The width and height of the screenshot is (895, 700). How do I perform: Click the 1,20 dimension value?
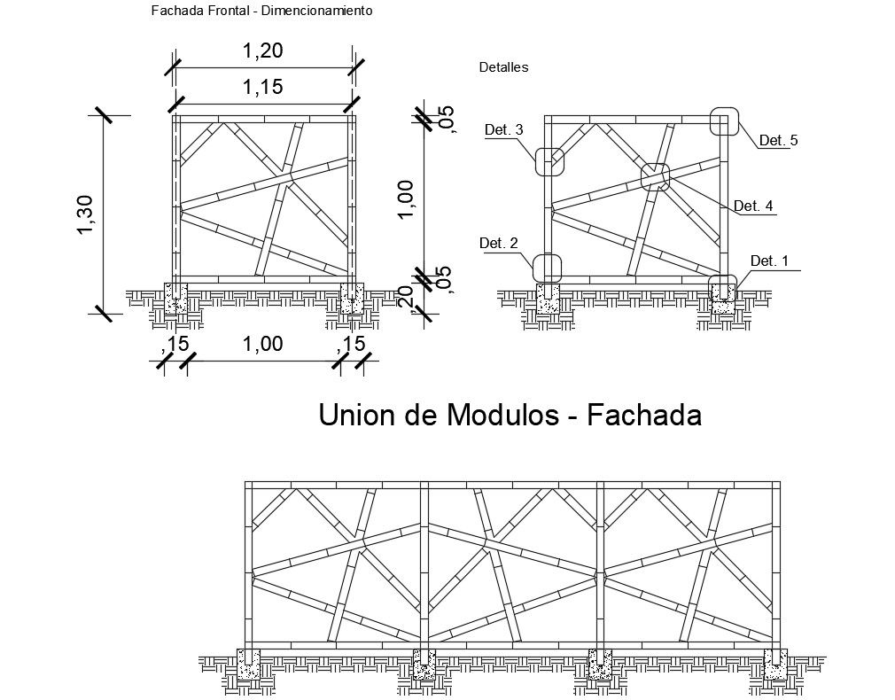click(x=262, y=51)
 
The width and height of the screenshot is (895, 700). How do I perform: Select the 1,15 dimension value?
click(x=262, y=87)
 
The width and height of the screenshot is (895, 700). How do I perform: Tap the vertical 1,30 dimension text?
click(x=86, y=215)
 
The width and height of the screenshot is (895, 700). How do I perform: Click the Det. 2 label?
click(x=498, y=243)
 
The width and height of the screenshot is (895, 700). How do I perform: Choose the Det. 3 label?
click(x=504, y=130)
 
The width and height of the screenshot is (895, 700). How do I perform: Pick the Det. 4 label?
click(x=754, y=206)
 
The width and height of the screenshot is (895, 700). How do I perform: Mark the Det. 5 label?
click(x=779, y=140)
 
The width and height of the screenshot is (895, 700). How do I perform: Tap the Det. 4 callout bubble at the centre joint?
click(x=656, y=177)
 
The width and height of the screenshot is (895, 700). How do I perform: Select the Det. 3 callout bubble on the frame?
click(x=548, y=162)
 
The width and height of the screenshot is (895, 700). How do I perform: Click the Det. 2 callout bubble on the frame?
click(x=548, y=268)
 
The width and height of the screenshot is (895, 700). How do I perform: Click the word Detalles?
click(x=503, y=67)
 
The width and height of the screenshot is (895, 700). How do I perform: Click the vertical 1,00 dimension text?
click(x=408, y=198)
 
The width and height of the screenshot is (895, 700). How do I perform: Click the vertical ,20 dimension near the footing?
click(x=408, y=298)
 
